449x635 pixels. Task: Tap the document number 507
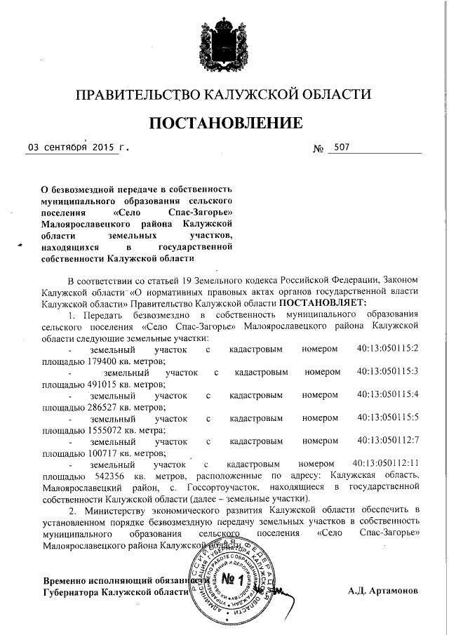(x=342, y=148)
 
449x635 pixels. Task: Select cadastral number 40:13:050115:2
(x=387, y=349)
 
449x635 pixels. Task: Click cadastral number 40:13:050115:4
(x=387, y=396)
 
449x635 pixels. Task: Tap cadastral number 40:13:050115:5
(x=387, y=419)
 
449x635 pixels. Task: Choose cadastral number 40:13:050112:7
(x=387, y=442)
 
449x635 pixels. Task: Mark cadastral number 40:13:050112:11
(x=384, y=464)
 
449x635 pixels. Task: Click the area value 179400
(x=102, y=360)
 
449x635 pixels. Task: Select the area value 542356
(x=102, y=475)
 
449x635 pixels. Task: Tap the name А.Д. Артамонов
(x=383, y=591)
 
